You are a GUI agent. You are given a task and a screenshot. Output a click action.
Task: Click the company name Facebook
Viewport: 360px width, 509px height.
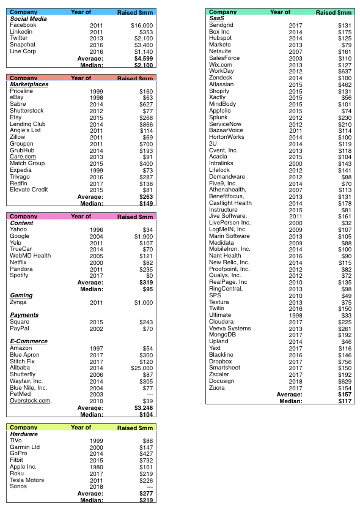[23, 25]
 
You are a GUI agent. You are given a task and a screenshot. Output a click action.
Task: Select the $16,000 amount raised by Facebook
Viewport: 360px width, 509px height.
[142, 25]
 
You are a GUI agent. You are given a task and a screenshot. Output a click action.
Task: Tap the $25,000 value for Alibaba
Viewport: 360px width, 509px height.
[142, 368]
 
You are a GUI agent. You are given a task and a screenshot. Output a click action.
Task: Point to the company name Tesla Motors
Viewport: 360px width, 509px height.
[27, 480]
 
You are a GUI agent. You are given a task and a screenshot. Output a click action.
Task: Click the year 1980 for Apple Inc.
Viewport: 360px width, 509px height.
[96, 467]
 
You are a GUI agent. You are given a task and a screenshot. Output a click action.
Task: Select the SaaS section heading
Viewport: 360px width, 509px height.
[216, 18]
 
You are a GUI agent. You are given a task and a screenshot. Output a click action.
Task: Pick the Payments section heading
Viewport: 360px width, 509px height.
[24, 315]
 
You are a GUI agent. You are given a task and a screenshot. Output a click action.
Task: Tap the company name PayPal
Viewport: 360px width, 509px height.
[20, 329]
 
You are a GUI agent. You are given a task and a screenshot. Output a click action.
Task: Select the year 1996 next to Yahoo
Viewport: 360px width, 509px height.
[96, 229]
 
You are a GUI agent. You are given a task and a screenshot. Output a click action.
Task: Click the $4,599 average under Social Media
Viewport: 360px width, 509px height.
[143, 58]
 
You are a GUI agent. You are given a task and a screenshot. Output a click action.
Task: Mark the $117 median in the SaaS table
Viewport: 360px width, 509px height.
[346, 401]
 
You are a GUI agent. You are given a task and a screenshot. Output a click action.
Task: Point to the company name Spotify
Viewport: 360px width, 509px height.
[20, 276]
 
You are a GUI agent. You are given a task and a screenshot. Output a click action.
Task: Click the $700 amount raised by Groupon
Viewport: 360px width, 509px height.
[145, 144]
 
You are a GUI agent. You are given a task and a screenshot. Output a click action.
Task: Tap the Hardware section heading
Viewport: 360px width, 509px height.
[24, 434]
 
